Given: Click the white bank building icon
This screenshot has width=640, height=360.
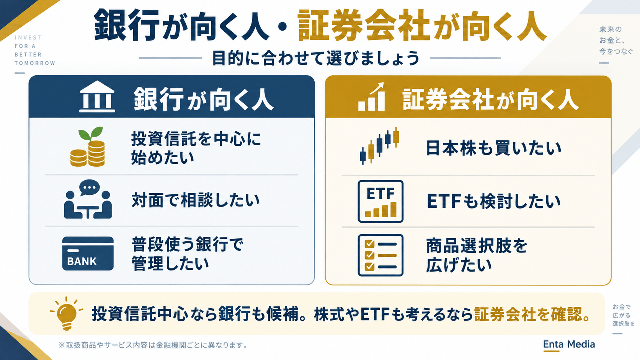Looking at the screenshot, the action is (97, 96).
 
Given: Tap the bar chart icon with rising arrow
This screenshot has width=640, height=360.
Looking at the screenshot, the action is (371, 97).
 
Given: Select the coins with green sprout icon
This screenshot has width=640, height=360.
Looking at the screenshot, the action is (88, 147).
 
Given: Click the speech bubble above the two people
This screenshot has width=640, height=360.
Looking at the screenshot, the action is (90, 187).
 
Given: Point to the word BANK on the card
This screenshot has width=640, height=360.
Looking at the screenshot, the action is (82, 262).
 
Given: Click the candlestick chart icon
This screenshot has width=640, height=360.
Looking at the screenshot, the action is (379, 146).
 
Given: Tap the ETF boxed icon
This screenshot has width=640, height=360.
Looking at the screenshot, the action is (380, 201).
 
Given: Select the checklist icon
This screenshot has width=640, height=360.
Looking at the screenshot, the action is (380, 255).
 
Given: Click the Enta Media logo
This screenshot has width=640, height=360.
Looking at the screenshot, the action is (569, 345).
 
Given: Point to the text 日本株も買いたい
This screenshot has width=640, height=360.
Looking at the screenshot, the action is (493, 148).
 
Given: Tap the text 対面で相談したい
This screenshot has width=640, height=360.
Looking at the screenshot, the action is (196, 200).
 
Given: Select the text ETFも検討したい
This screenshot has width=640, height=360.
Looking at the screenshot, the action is (493, 201).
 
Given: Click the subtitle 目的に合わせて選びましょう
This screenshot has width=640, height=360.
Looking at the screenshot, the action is (316, 58).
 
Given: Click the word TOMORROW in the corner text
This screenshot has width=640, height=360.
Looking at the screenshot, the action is (35, 63).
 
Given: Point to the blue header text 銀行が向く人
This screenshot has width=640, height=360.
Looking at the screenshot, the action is (203, 99).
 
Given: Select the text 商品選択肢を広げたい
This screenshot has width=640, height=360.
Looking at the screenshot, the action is (476, 255).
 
